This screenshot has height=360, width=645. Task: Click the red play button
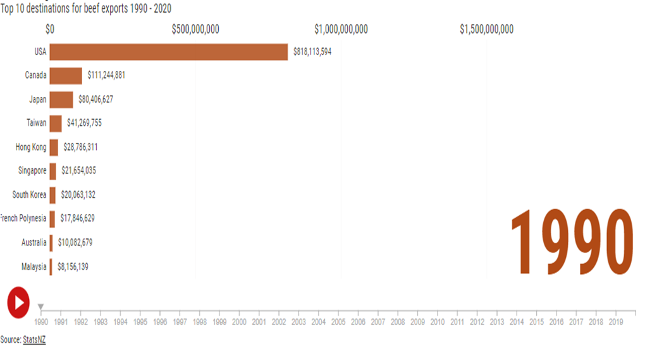point(18,302)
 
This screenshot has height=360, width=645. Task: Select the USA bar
point(168,52)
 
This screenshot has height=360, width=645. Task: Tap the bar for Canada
point(66,75)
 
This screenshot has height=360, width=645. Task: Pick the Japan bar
point(61,99)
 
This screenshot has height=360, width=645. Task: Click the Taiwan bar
point(56,123)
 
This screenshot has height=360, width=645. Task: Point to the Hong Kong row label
point(31,147)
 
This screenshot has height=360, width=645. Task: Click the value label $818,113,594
point(312,52)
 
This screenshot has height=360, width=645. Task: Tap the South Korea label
point(29,195)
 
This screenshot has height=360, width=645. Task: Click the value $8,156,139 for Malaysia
point(73,267)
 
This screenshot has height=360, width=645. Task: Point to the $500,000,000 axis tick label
point(195,29)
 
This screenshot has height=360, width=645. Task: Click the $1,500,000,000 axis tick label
point(486,29)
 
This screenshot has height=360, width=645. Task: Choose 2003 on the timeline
point(298,322)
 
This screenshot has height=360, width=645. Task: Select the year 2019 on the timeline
point(615,322)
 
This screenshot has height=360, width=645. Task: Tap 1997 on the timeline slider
point(180,322)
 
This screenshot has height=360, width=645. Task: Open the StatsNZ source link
point(34,340)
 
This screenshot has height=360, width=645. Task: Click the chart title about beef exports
point(86,8)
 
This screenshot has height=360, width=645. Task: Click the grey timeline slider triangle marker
point(41,307)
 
